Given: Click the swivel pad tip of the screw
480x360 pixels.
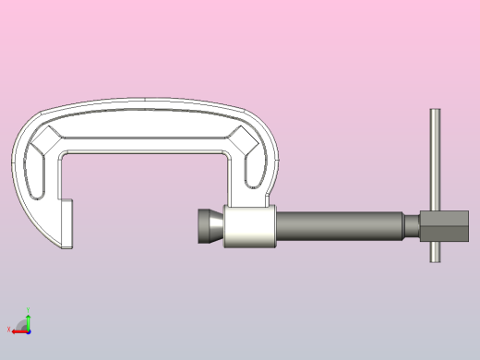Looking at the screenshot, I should [208, 226].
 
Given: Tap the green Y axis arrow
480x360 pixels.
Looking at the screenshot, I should [28, 320].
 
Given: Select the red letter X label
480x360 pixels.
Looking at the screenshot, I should [9, 330].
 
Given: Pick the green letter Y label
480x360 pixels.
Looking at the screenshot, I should [29, 311].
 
